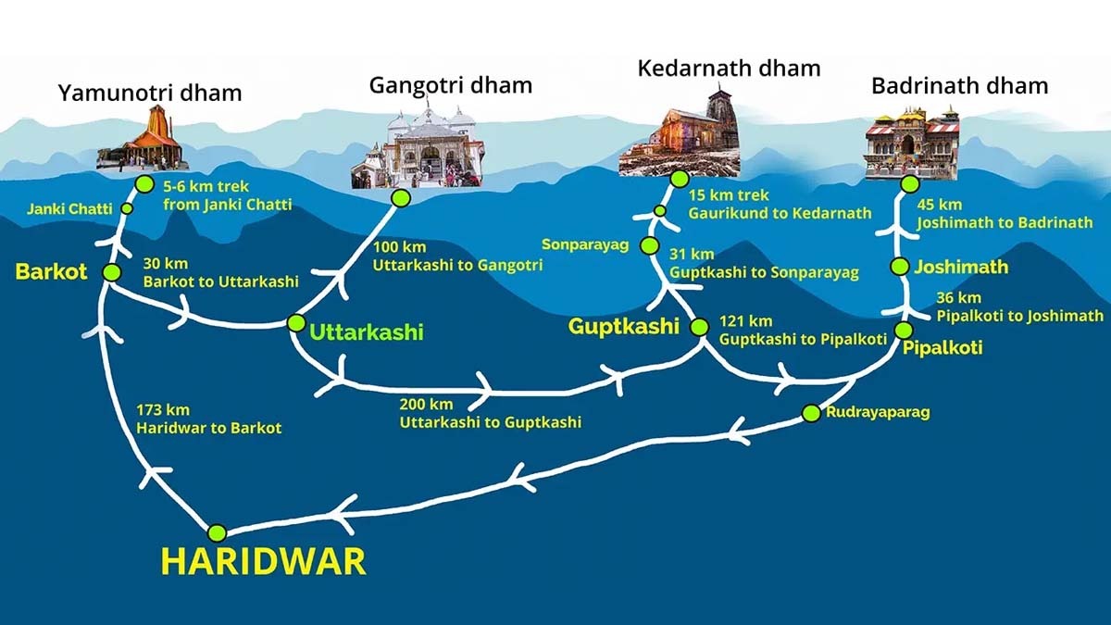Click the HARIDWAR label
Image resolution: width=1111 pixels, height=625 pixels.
(x=263, y=561)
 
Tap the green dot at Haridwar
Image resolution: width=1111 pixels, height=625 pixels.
(x=217, y=532)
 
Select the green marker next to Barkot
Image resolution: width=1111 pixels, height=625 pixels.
(x=112, y=272)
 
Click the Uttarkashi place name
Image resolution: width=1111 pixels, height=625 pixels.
(x=367, y=331)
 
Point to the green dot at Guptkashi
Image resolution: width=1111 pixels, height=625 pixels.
(x=699, y=327)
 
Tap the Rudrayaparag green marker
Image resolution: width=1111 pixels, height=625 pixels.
(x=810, y=412)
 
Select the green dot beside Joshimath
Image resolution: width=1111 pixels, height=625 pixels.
(x=898, y=267)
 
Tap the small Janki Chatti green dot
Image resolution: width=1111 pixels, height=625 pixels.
(x=127, y=208)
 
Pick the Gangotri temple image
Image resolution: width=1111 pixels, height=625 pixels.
(x=418, y=148)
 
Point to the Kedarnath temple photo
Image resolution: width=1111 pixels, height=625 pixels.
(x=680, y=135)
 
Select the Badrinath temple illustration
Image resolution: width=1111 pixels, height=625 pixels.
(x=911, y=144)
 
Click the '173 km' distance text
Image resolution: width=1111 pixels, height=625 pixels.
(x=163, y=409)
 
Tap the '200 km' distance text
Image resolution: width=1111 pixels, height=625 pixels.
(x=426, y=404)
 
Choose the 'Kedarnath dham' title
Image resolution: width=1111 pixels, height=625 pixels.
(x=729, y=68)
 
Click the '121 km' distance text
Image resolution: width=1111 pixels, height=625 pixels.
(x=745, y=321)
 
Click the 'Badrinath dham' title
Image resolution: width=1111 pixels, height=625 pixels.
(x=959, y=86)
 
